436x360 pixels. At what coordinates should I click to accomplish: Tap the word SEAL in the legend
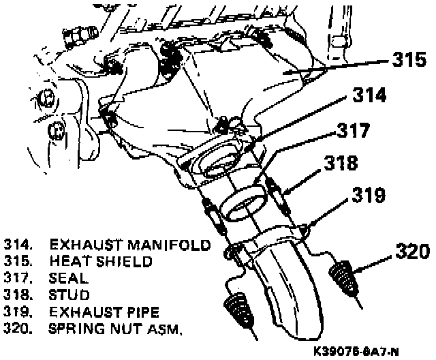click(69, 278)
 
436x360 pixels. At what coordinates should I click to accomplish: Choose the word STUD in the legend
click(69, 295)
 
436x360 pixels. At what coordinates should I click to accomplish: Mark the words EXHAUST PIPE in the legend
click(104, 313)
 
